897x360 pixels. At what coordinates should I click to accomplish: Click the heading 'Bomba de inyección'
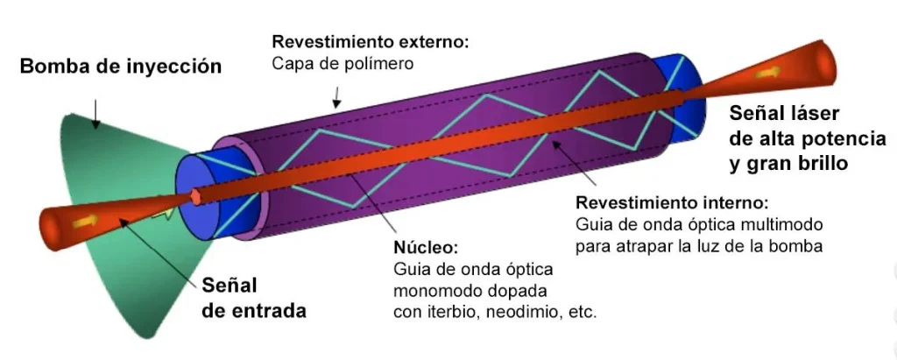121,67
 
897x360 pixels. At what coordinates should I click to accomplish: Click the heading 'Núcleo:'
420,248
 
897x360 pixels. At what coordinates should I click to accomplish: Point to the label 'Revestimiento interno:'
671,201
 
